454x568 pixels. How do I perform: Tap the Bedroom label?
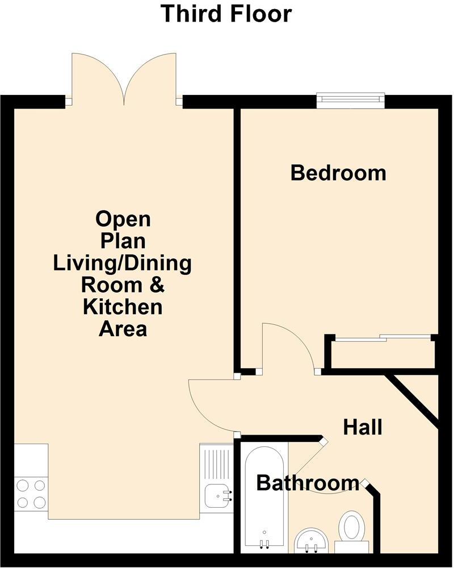point(338,173)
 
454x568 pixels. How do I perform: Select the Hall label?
point(363,427)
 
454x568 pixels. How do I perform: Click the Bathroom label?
point(308,483)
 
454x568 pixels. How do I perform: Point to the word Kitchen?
point(123,307)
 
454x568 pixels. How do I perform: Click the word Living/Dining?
point(123,264)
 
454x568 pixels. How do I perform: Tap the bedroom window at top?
point(350,101)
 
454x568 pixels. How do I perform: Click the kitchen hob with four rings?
point(31,494)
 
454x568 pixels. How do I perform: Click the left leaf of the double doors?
point(96,77)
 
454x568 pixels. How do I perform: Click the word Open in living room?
point(123,219)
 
